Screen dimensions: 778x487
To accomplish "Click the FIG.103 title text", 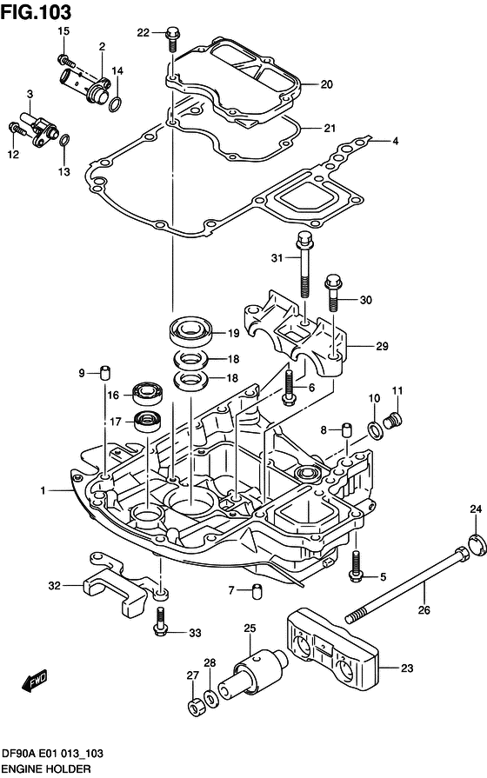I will pos(37,11).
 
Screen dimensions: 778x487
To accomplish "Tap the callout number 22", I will pos(143,33).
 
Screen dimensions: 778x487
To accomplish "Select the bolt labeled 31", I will pos(304,262).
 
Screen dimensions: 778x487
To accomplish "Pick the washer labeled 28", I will pos(210,698).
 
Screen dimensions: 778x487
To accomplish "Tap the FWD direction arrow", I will pos(35,679).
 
